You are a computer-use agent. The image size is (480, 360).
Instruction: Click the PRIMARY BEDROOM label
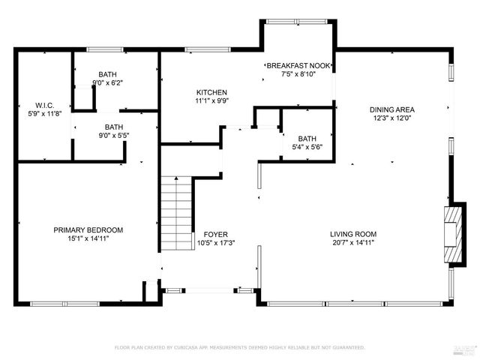(x=88, y=230)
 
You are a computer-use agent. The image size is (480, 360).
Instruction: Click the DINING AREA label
(x=391, y=109)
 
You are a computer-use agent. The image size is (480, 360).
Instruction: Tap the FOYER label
(x=216, y=234)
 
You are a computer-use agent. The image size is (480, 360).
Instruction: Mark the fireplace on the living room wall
(x=452, y=235)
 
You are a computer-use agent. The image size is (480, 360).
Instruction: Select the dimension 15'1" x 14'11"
(x=88, y=239)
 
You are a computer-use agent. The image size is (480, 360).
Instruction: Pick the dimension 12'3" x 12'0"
(x=391, y=118)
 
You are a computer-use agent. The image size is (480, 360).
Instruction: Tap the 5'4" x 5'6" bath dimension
(x=307, y=148)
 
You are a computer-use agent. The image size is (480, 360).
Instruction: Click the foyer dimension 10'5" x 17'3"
(x=216, y=242)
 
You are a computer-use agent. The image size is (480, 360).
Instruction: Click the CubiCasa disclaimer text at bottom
(x=239, y=347)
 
